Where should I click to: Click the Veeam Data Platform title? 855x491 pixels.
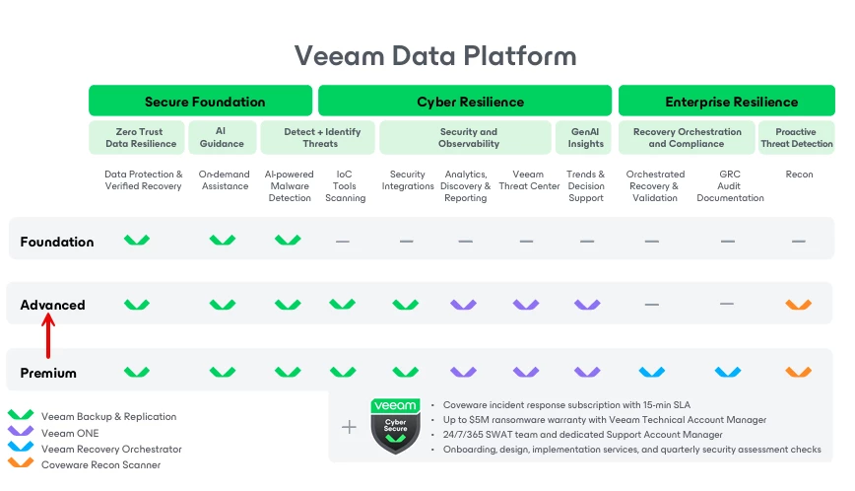(435, 55)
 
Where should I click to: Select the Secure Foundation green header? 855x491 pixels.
(205, 102)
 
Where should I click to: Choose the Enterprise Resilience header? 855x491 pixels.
(731, 102)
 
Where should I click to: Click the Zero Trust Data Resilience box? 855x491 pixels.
(141, 138)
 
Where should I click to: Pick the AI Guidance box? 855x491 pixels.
(223, 138)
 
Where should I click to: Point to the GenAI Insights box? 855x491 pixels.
(586, 138)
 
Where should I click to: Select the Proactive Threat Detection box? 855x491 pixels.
(797, 138)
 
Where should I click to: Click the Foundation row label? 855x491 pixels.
(57, 242)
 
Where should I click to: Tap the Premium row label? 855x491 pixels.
(48, 373)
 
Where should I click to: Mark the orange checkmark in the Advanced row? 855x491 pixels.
(798, 305)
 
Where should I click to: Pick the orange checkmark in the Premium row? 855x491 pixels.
(798, 372)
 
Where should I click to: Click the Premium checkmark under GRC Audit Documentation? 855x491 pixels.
(727, 372)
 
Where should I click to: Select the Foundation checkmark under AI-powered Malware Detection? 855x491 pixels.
(288, 240)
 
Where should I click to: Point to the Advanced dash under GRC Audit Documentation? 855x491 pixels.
(727, 304)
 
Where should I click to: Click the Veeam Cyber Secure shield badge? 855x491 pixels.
(395, 426)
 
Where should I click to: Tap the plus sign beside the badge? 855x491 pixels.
(349, 427)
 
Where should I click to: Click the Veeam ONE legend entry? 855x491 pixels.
(70, 433)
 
